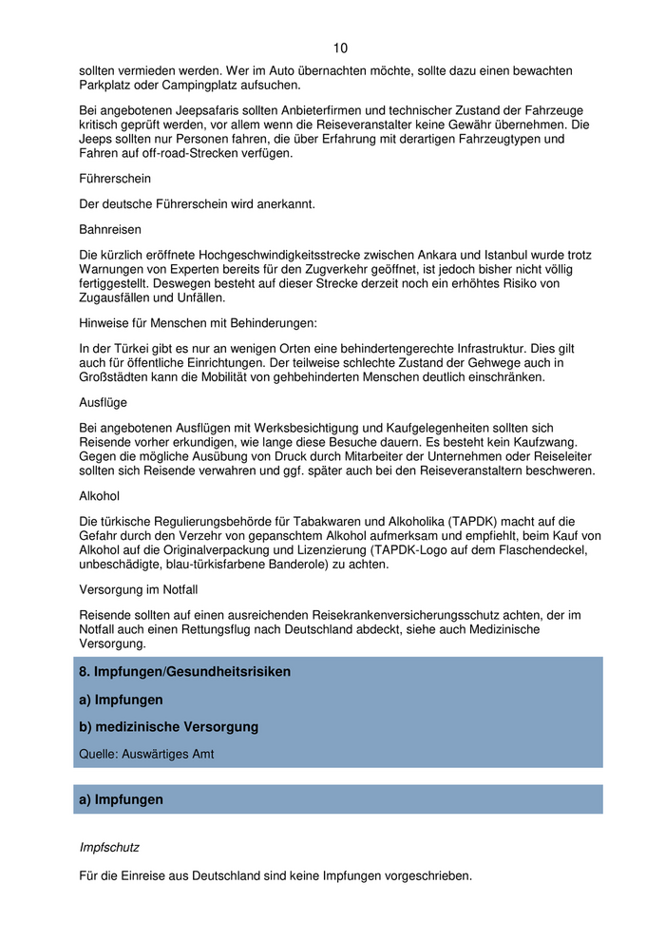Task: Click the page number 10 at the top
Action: tap(341, 48)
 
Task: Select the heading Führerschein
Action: tap(115, 179)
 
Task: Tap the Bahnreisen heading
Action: tap(110, 229)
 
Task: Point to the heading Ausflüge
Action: tap(105, 402)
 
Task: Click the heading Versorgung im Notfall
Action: tap(140, 589)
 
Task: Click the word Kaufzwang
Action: tap(547, 442)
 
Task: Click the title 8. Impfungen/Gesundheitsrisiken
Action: tap(185, 672)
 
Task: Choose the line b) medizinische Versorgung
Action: tap(169, 727)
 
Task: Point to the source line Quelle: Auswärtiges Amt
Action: tap(146, 754)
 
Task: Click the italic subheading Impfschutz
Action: tap(109, 847)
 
